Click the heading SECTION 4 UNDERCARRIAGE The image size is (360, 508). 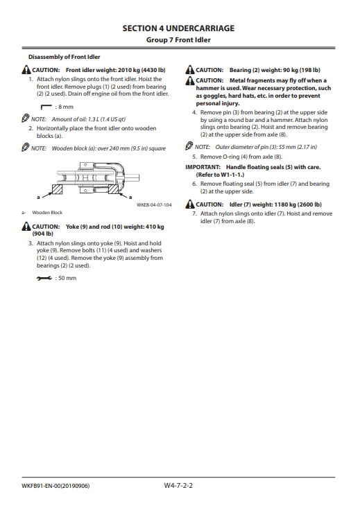point(178,28)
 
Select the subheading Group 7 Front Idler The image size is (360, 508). point(178,40)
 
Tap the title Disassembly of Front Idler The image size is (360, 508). point(65,57)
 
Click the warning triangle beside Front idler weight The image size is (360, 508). point(26,70)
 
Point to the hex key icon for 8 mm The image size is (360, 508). point(46,107)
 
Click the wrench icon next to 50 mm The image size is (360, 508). point(44,279)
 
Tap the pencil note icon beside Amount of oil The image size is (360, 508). point(26,119)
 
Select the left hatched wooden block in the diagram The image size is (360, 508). point(58,189)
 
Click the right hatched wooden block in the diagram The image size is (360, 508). point(114,189)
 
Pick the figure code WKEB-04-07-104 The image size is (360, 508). point(154,204)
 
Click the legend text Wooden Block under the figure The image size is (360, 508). point(47,213)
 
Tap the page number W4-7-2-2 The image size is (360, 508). point(178,485)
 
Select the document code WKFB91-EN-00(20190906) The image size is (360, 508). point(55,486)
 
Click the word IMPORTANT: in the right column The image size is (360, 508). point(203,167)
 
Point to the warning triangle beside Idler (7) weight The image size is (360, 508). point(190,204)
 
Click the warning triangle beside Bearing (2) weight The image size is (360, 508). point(190,70)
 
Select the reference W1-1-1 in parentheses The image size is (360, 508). point(232,175)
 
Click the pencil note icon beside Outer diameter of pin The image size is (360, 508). point(189,146)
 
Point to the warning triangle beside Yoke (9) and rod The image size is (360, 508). point(26,226)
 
